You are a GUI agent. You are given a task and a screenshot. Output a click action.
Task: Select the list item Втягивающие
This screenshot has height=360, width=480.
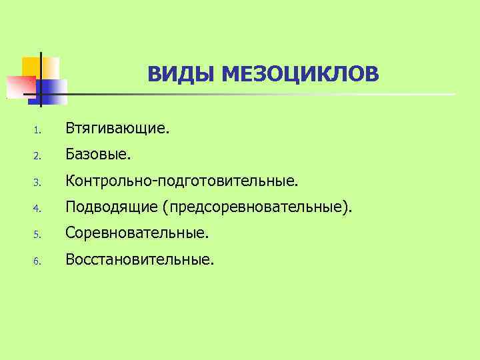pos(117,127)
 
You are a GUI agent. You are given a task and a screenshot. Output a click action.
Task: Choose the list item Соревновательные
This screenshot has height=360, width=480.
pos(137,233)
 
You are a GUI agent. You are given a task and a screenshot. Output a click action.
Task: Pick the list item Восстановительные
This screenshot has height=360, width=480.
pos(139,259)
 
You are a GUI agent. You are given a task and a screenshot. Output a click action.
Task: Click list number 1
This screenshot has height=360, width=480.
pos(38,129)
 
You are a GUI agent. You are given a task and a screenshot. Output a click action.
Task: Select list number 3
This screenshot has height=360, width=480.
pos(38,182)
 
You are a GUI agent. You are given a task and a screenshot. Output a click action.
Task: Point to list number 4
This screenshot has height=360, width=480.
pos(38,209)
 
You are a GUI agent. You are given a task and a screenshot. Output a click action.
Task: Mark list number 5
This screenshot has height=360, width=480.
pos(38,235)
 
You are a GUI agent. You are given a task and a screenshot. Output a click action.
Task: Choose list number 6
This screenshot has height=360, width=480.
pos(38,261)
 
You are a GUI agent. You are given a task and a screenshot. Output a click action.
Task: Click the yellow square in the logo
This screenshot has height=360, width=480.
pos(32,67)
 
